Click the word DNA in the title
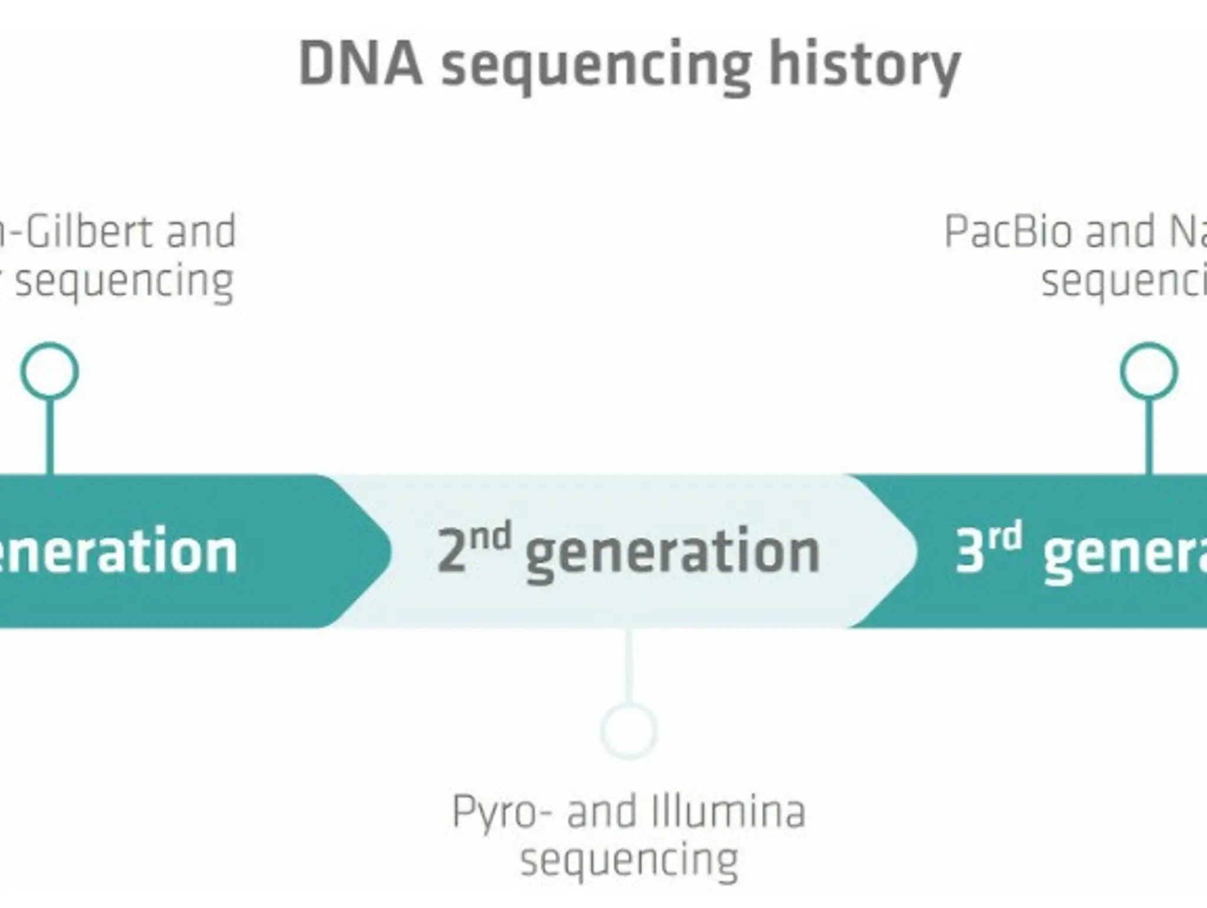361,64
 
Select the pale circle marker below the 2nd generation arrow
629,731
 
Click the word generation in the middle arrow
672,554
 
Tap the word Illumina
728,812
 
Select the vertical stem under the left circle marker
50,436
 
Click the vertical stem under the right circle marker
1148,436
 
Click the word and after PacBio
1120,232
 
